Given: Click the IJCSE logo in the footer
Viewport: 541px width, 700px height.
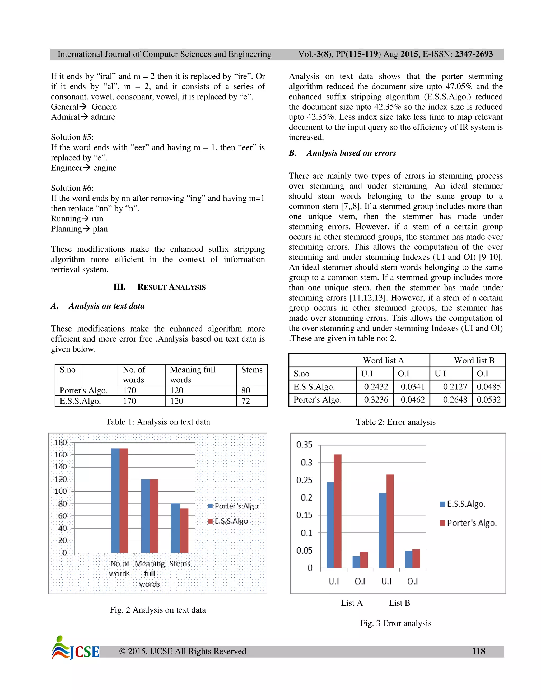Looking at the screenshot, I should (x=76, y=648).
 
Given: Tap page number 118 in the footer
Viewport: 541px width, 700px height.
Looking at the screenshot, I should (x=478, y=651).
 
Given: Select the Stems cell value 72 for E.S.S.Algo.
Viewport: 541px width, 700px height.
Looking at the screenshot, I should (x=246, y=401).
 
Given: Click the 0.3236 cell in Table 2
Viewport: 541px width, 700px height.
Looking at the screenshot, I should (x=376, y=400).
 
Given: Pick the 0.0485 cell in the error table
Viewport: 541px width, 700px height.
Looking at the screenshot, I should (x=488, y=386).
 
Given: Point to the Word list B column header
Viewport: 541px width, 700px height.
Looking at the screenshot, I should (x=474, y=361).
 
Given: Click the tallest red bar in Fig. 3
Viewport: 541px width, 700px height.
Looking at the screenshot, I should (x=338, y=511).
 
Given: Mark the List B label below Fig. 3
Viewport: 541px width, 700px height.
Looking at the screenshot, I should (x=399, y=603).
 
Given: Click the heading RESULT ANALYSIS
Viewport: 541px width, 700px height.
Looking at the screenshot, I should (x=171, y=287).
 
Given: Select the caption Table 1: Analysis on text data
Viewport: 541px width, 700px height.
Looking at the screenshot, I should (x=158, y=422).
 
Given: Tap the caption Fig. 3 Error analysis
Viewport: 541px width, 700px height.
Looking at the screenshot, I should (x=395, y=623).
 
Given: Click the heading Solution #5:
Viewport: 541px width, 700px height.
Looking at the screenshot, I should (x=72, y=137).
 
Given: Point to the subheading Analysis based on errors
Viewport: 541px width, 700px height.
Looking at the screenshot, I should (x=351, y=153).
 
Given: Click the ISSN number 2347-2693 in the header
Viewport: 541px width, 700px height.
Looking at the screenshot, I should (x=474, y=54).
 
